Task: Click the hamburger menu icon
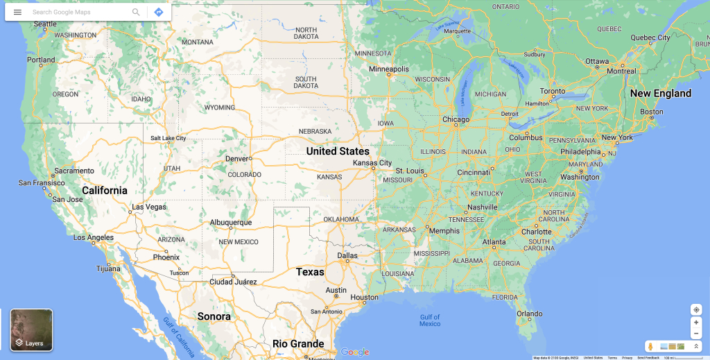pyautogui.click(x=17, y=12)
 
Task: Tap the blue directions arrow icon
pyautogui.click(x=159, y=12)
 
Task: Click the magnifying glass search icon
pyautogui.click(x=136, y=12)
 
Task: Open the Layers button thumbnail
pyautogui.click(x=31, y=329)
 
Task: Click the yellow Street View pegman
pyautogui.click(x=650, y=346)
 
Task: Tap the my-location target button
pyautogui.click(x=696, y=309)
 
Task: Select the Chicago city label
pyautogui.click(x=456, y=119)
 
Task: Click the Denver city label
pyautogui.click(x=236, y=158)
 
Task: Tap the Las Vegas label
pyautogui.click(x=149, y=207)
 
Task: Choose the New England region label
pyautogui.click(x=660, y=93)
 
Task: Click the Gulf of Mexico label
pyautogui.click(x=430, y=320)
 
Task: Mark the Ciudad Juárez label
pyautogui.click(x=234, y=282)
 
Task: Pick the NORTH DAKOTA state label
pyautogui.click(x=306, y=33)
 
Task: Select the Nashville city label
pyautogui.click(x=482, y=207)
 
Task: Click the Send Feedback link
pyautogui.click(x=648, y=357)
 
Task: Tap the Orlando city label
pyautogui.click(x=529, y=314)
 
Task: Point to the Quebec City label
pyautogui.click(x=650, y=37)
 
